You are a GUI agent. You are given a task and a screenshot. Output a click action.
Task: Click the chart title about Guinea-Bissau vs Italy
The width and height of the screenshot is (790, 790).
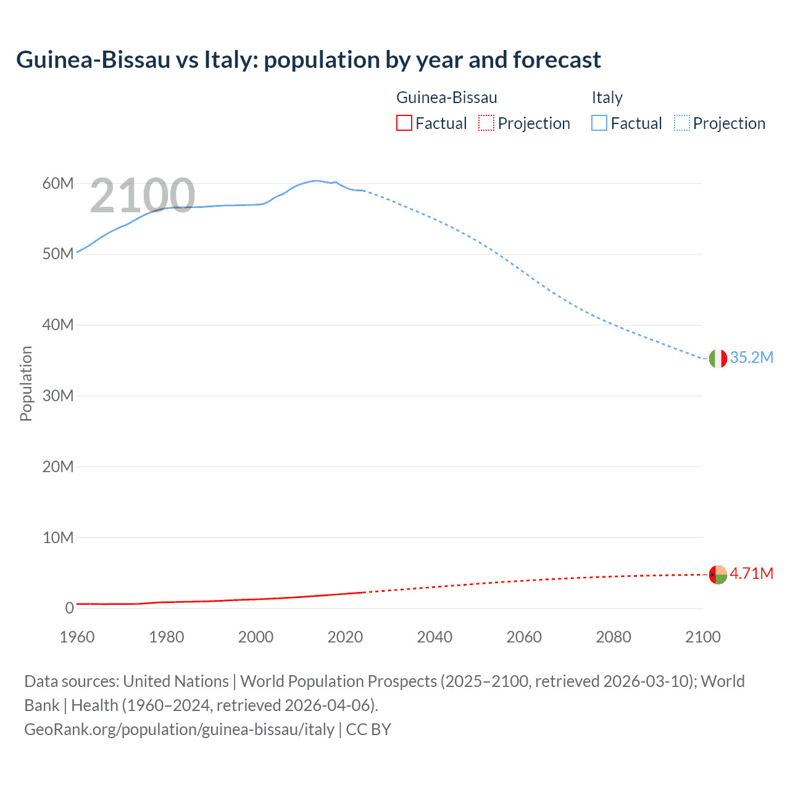point(308,60)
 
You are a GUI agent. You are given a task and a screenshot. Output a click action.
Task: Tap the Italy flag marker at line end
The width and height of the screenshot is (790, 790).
point(718,358)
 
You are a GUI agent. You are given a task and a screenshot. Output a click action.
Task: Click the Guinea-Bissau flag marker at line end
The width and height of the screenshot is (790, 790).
point(718,574)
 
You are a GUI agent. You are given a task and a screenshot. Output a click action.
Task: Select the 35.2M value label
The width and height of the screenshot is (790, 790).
point(751,358)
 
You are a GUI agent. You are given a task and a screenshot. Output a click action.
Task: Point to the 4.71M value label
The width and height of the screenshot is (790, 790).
point(751,574)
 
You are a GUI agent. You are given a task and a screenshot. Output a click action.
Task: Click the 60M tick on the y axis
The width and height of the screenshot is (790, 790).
point(58,183)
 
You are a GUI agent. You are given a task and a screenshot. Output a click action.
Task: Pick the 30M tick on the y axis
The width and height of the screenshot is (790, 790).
point(58,396)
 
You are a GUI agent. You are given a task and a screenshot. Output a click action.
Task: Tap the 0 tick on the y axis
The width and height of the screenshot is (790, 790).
point(69,608)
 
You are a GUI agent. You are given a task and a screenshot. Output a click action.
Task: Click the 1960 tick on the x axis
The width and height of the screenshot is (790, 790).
point(77,637)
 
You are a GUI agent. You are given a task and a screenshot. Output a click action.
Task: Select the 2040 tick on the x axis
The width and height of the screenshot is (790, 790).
point(434,637)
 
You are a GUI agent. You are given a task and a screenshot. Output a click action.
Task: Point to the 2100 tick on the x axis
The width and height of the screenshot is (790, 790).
point(702,637)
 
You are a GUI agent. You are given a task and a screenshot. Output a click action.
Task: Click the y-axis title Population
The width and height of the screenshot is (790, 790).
point(26,383)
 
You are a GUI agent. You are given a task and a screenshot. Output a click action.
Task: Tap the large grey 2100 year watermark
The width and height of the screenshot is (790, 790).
point(143,196)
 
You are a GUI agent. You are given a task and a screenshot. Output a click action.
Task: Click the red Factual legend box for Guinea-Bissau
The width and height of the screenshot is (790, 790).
point(404,123)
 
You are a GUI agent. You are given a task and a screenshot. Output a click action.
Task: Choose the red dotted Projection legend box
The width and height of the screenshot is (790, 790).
point(486,123)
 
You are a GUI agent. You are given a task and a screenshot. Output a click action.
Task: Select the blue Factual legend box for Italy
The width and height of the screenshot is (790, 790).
point(599,123)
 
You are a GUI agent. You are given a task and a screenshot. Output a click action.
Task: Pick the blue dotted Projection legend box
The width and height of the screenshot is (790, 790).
point(682,123)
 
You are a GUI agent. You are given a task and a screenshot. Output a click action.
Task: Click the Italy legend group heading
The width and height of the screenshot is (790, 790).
point(607,98)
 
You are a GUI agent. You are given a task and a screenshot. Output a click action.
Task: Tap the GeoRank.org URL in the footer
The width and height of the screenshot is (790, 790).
point(179,730)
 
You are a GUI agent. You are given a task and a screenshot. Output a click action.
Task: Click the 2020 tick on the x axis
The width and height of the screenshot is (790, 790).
point(345,637)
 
